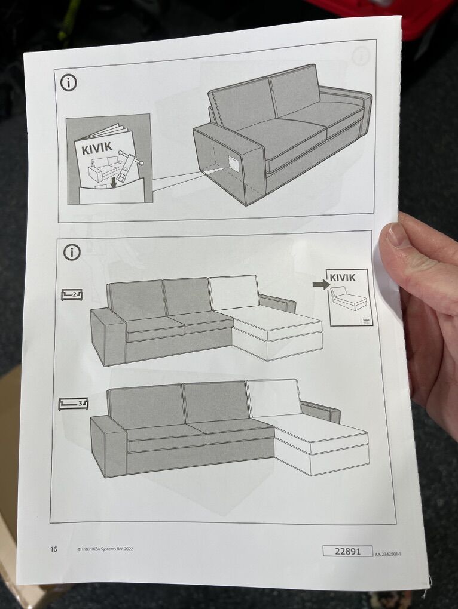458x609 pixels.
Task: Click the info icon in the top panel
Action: (68, 83)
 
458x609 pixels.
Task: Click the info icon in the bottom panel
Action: (72, 252)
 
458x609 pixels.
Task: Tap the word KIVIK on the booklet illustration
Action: (97, 147)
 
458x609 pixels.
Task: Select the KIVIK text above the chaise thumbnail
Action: (343, 277)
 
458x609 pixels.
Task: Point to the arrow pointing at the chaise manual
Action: (321, 285)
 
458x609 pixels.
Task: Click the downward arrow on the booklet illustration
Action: (114, 182)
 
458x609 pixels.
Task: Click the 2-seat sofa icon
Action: (72, 295)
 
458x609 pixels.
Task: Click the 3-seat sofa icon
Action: (73, 404)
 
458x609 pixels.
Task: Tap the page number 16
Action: (53, 549)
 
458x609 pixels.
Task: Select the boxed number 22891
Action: (347, 550)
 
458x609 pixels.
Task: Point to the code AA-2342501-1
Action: (388, 554)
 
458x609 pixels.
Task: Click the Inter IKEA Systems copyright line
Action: (105, 549)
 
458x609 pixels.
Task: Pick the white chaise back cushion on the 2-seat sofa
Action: (234, 293)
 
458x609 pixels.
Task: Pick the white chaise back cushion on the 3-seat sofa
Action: (274, 398)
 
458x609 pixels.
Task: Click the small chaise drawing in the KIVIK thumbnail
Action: (348, 299)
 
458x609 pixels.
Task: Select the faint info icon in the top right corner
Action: (361, 57)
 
